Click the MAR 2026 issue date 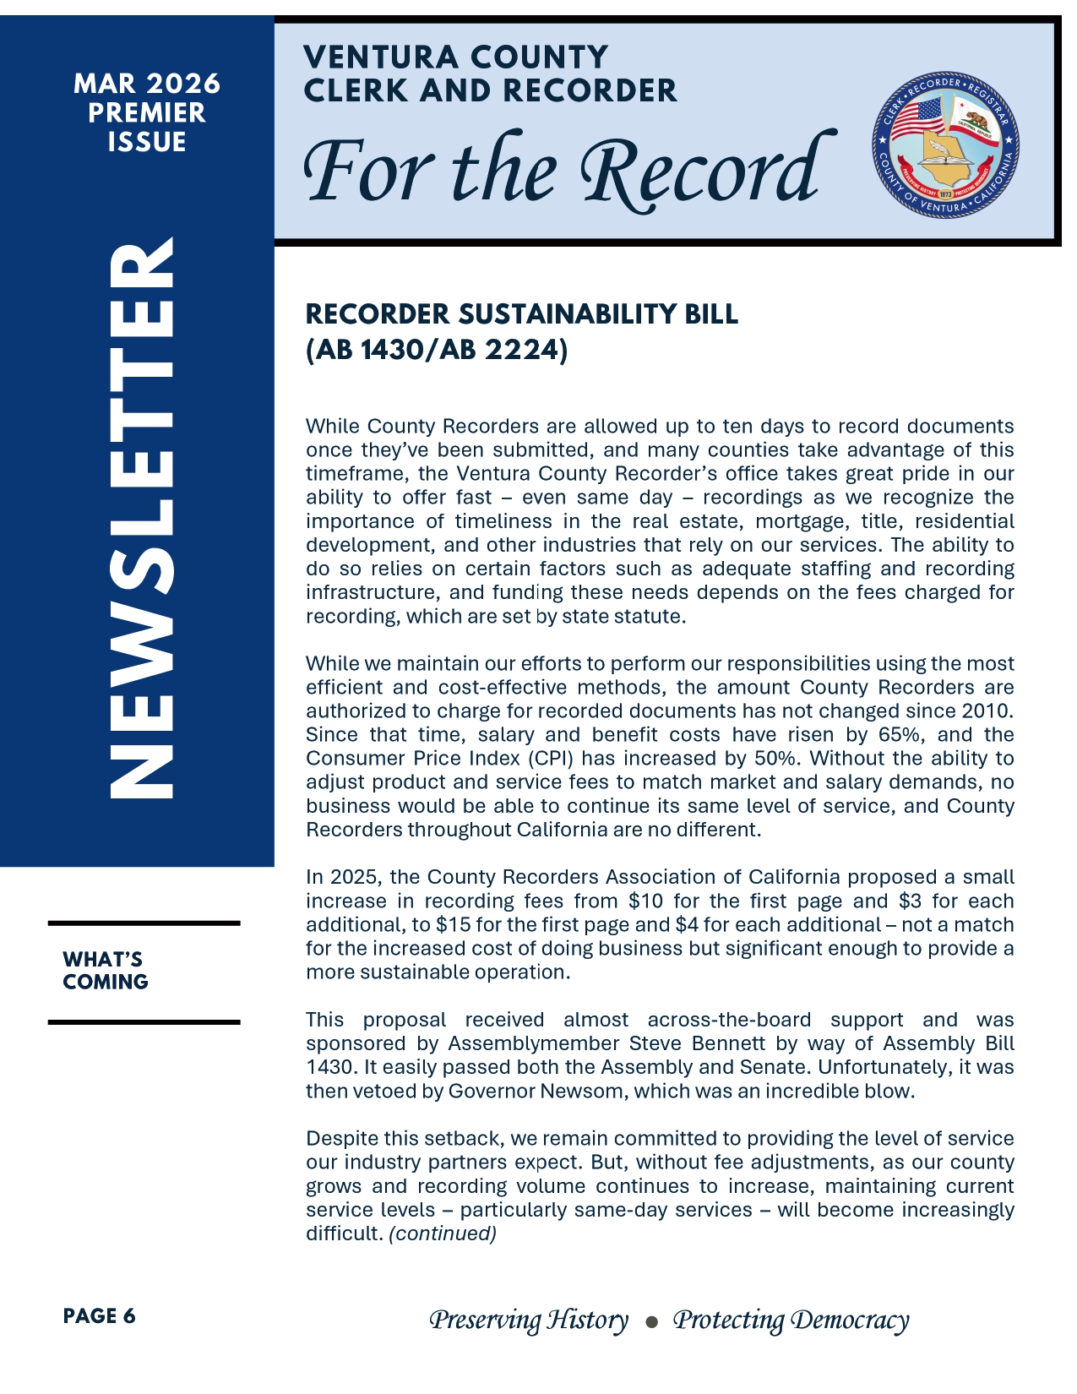coord(147,84)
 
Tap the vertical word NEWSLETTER coord(141,518)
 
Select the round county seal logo coord(945,144)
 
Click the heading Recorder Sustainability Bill coord(521,314)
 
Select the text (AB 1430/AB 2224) coord(437,350)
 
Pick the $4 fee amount coord(687,925)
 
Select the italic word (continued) coord(443,1234)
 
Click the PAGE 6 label coord(99,1316)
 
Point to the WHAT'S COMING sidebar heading coord(105,971)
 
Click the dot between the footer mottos coord(650,1322)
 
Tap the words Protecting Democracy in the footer coord(791,1320)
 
